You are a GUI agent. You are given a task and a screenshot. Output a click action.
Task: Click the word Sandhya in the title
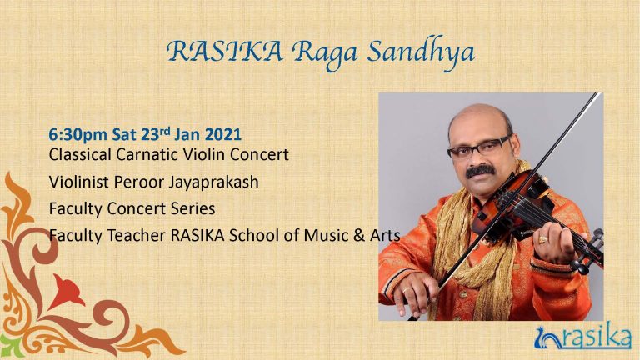coord(421,54)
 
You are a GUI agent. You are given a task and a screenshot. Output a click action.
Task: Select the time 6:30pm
coord(77,135)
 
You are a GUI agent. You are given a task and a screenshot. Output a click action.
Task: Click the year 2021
coord(222,134)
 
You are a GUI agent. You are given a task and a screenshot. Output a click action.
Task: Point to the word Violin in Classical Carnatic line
coord(204,154)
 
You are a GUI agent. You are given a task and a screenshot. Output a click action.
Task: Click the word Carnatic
coord(147,154)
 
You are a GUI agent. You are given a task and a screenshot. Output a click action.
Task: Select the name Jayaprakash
coord(214,182)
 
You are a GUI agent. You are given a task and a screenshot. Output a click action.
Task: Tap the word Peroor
coord(139,182)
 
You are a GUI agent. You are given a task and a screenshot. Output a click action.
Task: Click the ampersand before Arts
coord(359,236)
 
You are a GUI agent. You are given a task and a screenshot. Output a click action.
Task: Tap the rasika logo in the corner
coord(582,337)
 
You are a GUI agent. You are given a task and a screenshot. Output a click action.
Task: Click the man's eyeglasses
coord(479,147)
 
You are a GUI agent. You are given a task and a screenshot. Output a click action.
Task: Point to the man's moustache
coord(480,170)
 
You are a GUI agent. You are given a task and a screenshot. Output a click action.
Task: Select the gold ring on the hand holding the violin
coord(542,240)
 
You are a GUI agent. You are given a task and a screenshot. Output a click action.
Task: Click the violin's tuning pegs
coord(590,252)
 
